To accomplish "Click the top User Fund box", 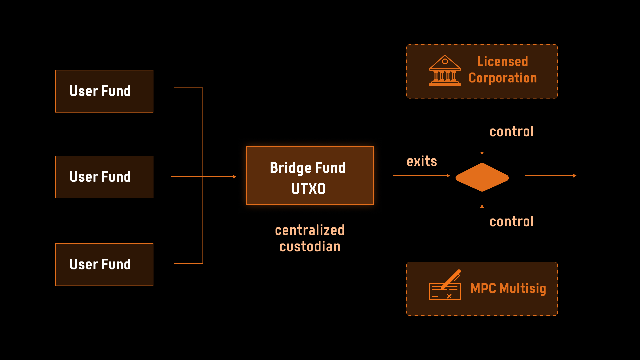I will (x=104, y=91).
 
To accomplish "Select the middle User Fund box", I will (x=104, y=177).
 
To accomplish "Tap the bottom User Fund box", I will (x=104, y=264).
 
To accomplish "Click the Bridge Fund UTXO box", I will (x=310, y=176).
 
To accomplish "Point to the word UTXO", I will (x=308, y=189).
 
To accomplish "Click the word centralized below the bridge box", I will (x=310, y=230).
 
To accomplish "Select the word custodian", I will (x=310, y=247).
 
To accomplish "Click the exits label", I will (x=422, y=161).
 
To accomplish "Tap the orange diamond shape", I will (x=482, y=177).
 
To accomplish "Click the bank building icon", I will (x=445, y=71).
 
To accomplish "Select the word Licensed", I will (x=502, y=62).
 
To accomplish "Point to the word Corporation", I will (x=502, y=78).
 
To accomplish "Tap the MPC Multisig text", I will (x=508, y=289).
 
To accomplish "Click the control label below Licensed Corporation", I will (x=511, y=132).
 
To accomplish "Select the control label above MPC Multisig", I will (x=511, y=222).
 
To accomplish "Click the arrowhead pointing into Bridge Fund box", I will (x=235, y=177).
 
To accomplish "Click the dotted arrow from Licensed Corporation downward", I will (x=482, y=130).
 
